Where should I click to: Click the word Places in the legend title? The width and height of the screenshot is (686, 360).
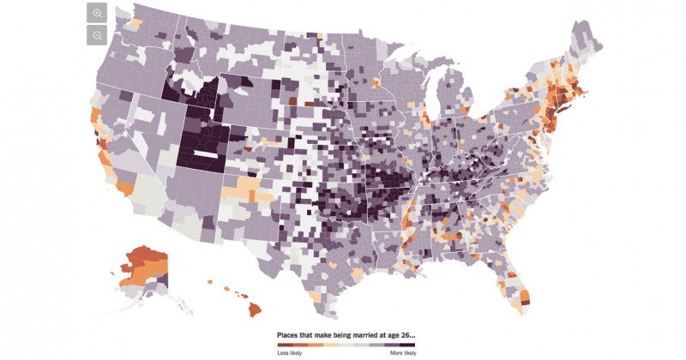pyautogui.click(x=289, y=335)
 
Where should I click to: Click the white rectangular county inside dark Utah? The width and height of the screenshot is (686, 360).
pyautogui.click(x=203, y=155)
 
